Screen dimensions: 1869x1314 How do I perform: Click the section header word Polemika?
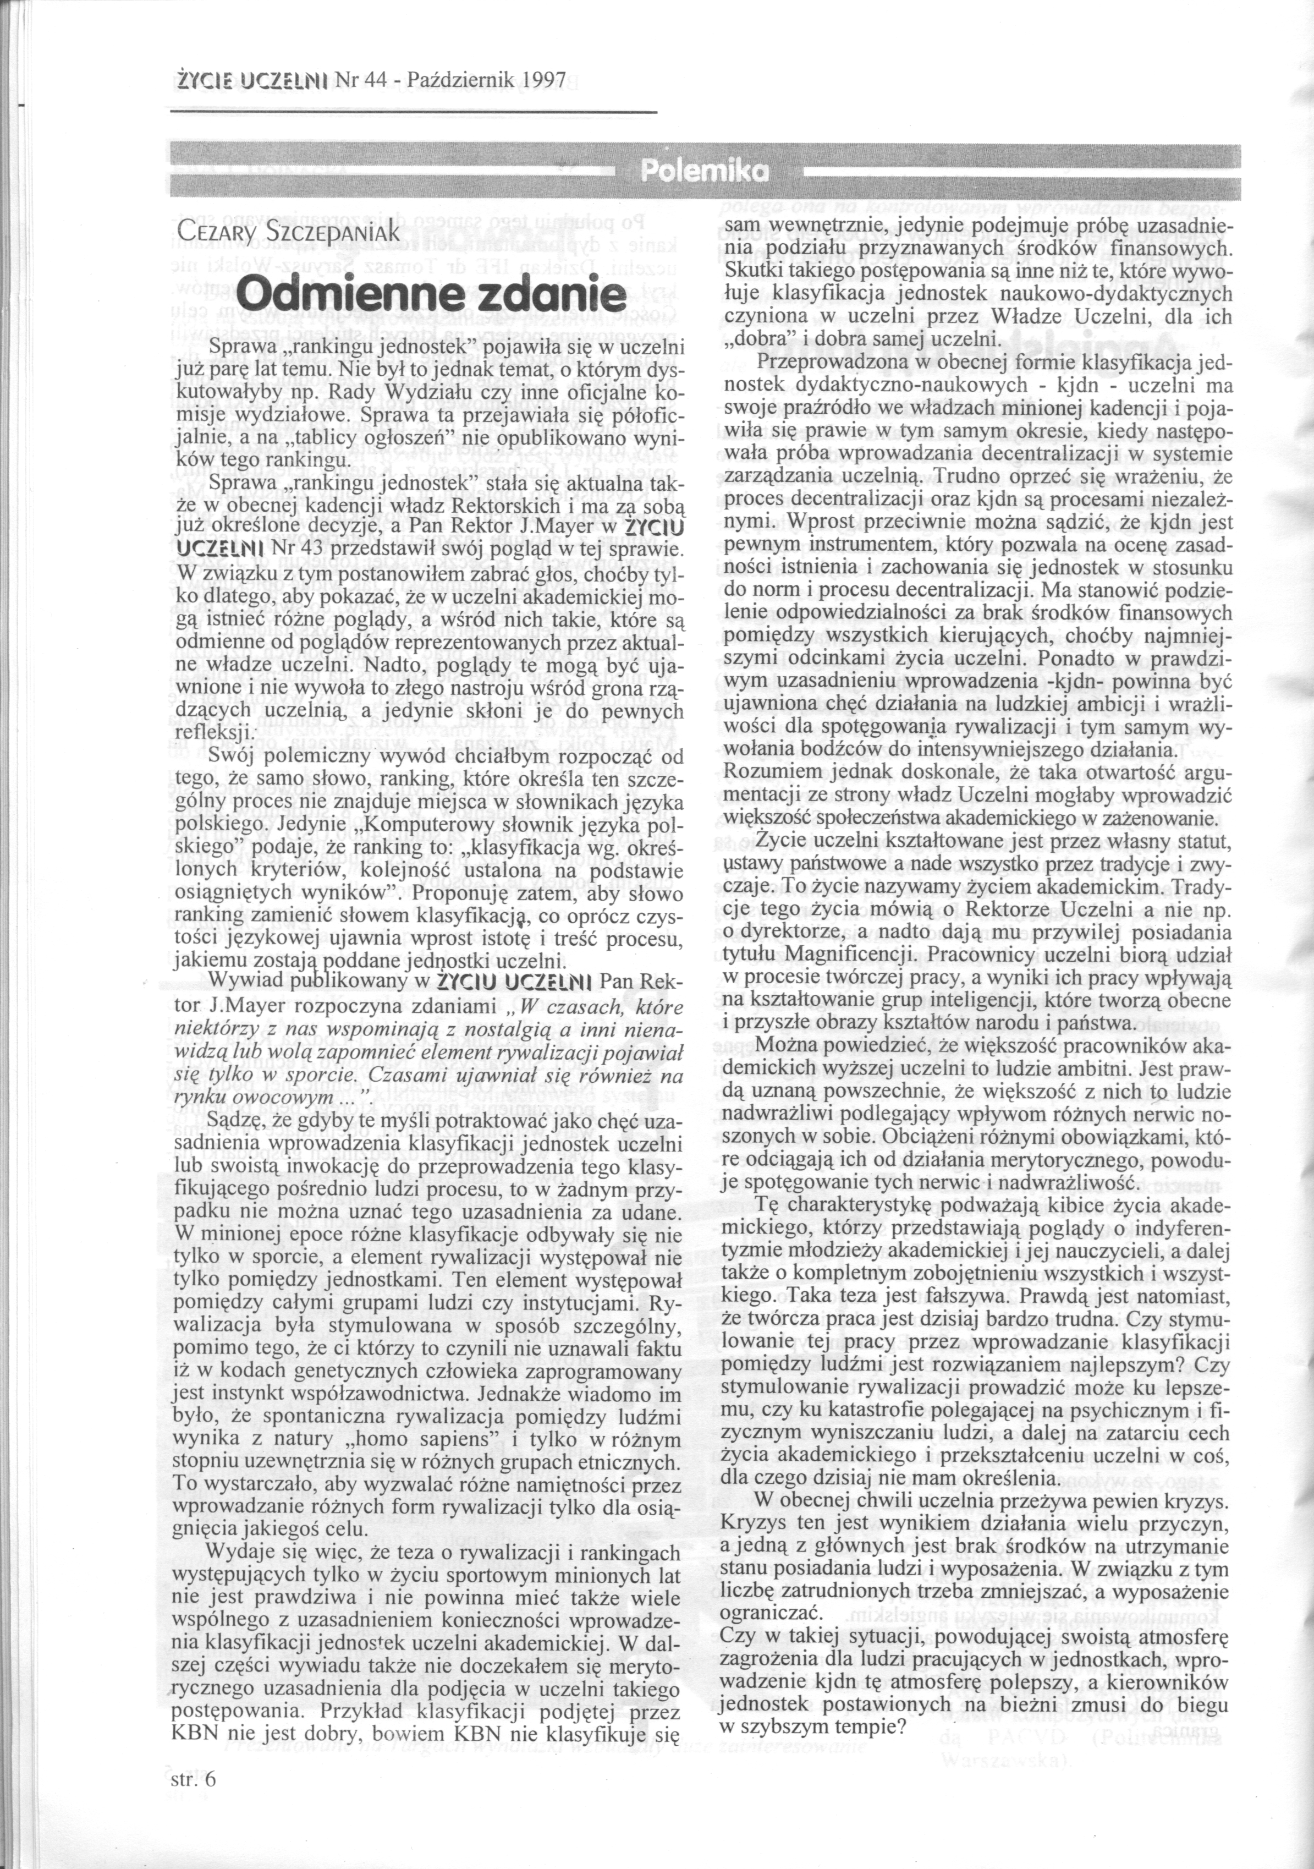click(705, 170)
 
